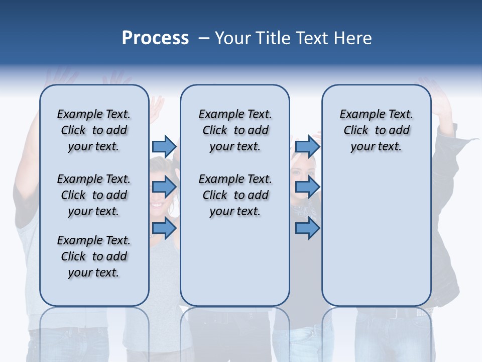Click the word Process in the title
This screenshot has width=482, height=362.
(x=155, y=38)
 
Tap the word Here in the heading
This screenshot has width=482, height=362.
(x=353, y=38)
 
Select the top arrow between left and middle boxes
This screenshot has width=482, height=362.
(x=164, y=146)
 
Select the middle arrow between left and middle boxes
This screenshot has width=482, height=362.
(x=164, y=187)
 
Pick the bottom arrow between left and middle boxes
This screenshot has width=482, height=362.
(x=164, y=228)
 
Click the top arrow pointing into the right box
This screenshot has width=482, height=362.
(x=307, y=146)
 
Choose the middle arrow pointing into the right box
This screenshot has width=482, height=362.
(x=307, y=187)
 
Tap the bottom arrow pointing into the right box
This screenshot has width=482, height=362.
(x=307, y=228)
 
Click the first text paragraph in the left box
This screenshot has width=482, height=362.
(x=94, y=130)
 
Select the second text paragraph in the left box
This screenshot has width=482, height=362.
(x=94, y=195)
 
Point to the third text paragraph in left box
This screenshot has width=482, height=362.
(x=94, y=256)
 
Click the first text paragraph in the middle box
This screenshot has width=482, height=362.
(x=235, y=130)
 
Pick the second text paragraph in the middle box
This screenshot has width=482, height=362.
(x=235, y=195)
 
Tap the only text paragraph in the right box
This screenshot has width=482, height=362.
(x=376, y=130)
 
